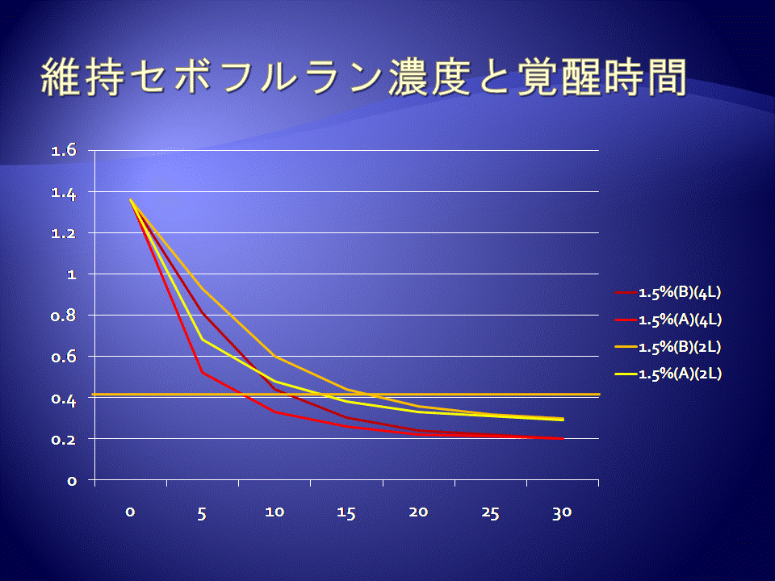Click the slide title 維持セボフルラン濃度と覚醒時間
click(x=364, y=77)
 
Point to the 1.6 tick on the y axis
click(x=64, y=150)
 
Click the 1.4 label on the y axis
click(x=64, y=193)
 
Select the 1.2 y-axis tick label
click(x=64, y=232)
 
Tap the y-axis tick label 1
click(x=72, y=274)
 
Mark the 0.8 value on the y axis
click(x=64, y=316)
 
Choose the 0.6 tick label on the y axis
click(x=64, y=356)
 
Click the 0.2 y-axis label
click(x=64, y=439)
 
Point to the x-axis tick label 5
click(x=202, y=514)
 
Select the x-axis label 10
click(x=274, y=512)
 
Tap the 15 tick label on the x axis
click(x=346, y=514)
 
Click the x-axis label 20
click(x=418, y=512)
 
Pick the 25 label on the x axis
click(x=490, y=514)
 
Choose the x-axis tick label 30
click(x=562, y=513)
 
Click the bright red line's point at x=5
click(x=202, y=372)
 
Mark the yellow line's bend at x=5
click(x=202, y=340)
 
